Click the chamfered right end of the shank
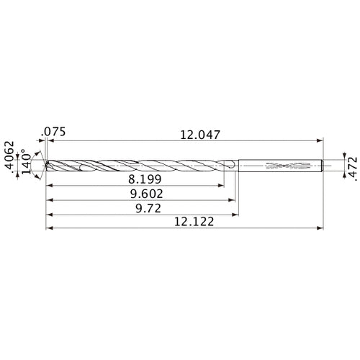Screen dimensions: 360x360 (x=320, y=166)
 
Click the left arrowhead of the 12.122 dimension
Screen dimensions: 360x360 (x=48, y=230)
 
